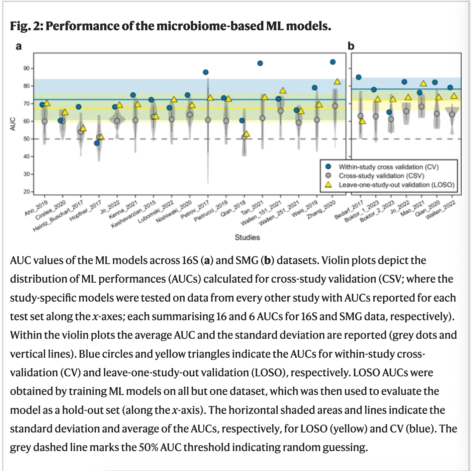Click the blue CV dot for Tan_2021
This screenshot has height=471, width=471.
pos(260,63)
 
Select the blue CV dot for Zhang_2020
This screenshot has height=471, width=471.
pos(332,62)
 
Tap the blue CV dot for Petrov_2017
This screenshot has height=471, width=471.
pos(206,72)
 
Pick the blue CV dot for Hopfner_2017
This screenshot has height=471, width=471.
pos(97,143)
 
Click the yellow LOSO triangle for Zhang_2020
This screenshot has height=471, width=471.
pos(337,81)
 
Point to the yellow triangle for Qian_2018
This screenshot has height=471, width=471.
pos(246,134)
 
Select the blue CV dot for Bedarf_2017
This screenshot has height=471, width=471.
pos(358,77)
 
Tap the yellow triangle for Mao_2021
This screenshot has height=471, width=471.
pos(423,84)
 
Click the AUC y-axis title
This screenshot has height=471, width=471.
pos(13,124)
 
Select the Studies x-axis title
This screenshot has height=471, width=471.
pos(247,237)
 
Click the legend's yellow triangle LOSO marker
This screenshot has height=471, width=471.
pos(328,185)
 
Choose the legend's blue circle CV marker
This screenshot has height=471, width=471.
pos(328,167)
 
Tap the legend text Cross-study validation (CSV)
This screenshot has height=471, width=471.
pos(381,176)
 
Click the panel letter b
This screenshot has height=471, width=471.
pos(351,46)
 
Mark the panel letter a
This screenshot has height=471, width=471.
pos(19,46)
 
